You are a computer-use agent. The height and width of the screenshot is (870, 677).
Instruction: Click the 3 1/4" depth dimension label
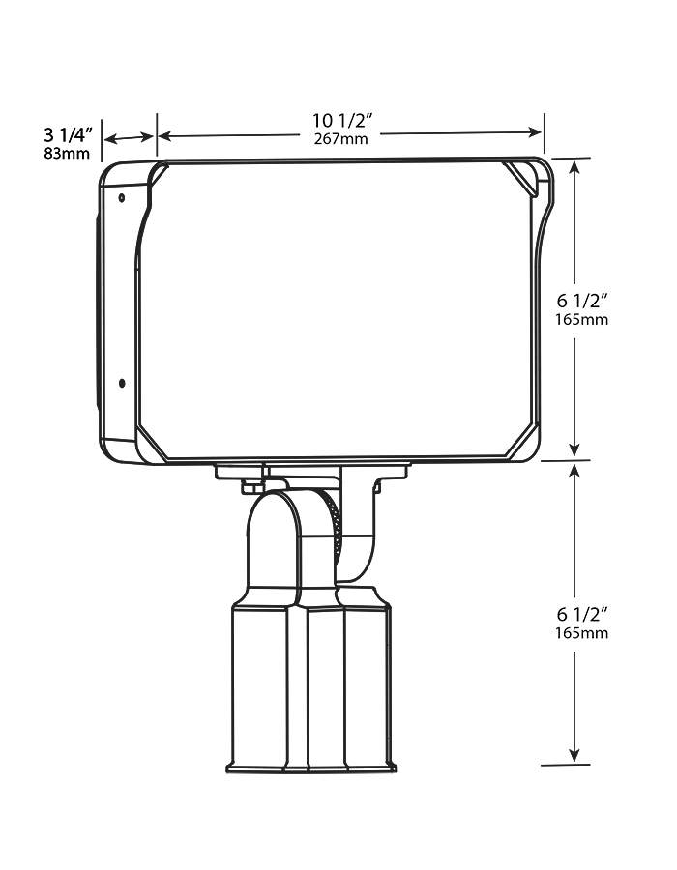(x=67, y=134)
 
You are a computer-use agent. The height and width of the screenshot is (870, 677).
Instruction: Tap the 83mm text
(x=67, y=153)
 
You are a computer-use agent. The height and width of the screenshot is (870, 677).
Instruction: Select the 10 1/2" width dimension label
(x=342, y=121)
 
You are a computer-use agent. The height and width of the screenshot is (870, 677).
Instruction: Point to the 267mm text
(x=341, y=139)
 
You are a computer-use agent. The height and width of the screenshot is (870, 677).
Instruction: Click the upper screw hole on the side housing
(x=121, y=198)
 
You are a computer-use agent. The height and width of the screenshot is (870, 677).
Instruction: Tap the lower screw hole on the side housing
(x=121, y=383)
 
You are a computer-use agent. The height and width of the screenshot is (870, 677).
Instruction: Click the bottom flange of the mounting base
(x=310, y=768)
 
